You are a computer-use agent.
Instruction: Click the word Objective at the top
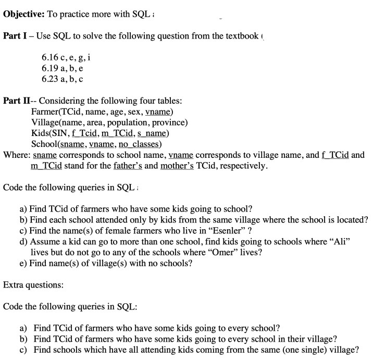pos(23,14)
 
